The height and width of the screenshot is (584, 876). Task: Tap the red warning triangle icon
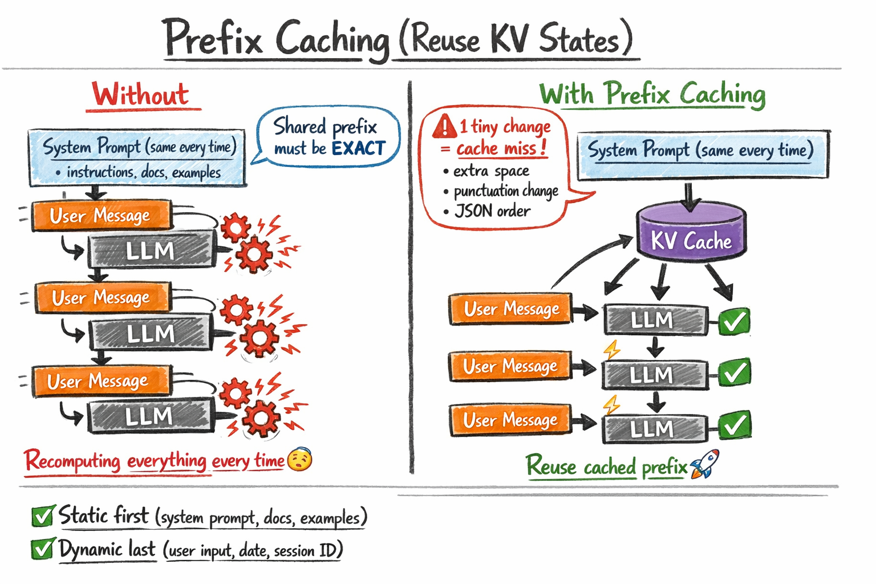coord(444,127)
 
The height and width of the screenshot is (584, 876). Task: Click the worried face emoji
coord(299,460)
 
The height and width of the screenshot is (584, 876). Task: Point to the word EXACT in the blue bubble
coord(358,149)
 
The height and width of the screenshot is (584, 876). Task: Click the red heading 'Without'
coord(141,95)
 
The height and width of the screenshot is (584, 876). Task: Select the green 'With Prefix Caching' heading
coord(652,94)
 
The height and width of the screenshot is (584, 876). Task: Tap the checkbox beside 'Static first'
coord(43,516)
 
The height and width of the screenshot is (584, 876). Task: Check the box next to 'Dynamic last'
coord(43,549)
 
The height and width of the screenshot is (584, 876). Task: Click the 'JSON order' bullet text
coord(492,212)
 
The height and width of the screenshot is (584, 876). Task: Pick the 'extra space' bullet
coord(491,171)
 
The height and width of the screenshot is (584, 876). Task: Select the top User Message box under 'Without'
coord(101,216)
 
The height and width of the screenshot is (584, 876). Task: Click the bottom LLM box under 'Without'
coord(150,417)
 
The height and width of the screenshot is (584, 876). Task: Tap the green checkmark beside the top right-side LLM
coord(734,322)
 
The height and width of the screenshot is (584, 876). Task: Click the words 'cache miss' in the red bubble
coord(496,149)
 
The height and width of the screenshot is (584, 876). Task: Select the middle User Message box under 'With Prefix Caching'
coord(510,366)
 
